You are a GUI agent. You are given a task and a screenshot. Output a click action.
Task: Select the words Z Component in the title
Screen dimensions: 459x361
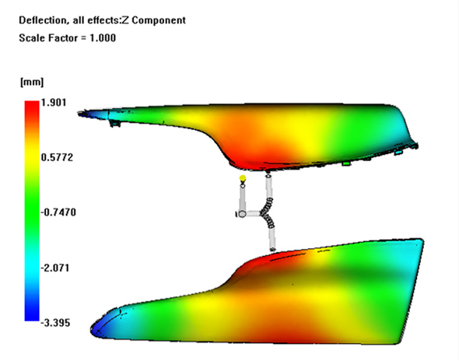pyautogui.click(x=154, y=20)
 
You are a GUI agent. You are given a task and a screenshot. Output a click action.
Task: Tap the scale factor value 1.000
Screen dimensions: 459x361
pyautogui.click(x=103, y=38)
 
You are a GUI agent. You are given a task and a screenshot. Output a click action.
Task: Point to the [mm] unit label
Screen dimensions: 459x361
pyautogui.click(x=32, y=82)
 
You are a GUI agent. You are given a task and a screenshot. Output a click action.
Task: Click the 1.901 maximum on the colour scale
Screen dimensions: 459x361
pyautogui.click(x=54, y=103)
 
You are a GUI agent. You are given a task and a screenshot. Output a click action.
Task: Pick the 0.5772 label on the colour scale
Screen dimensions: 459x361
pyautogui.click(x=57, y=157)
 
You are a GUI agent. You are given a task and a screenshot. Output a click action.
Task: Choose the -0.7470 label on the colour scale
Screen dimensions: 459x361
pyautogui.click(x=58, y=212)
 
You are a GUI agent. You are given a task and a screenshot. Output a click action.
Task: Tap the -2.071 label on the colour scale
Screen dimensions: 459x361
pyautogui.click(x=55, y=268)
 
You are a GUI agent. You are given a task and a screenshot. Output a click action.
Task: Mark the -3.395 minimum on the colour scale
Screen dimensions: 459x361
pyautogui.click(x=55, y=323)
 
